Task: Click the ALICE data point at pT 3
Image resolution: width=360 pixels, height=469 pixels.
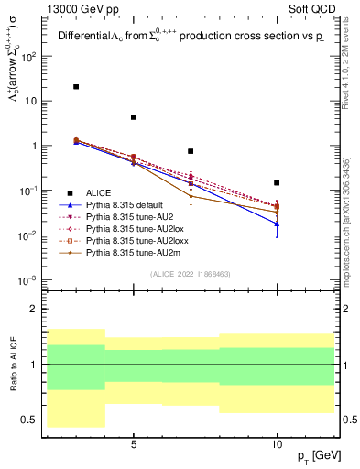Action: (76, 87)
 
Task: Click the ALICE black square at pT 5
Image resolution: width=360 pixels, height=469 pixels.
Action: (134, 117)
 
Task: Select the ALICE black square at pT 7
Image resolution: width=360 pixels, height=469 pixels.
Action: (191, 151)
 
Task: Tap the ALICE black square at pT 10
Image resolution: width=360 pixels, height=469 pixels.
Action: (277, 183)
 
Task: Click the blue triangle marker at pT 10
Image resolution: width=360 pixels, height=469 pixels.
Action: (277, 224)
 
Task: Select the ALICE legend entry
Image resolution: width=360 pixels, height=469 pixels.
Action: (99, 192)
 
